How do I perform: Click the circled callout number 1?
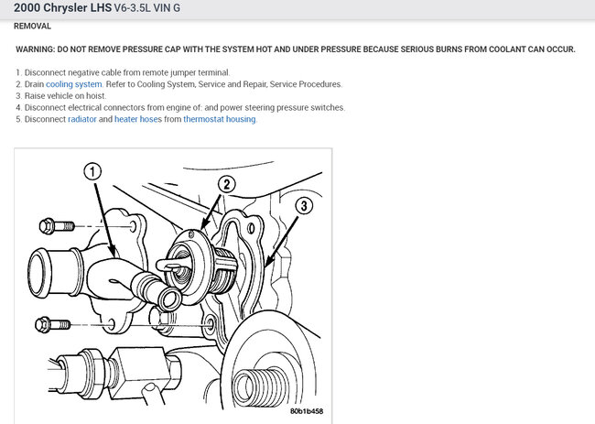(92, 171)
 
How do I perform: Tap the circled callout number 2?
(226, 184)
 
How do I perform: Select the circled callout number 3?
(304, 206)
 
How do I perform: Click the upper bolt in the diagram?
(57, 226)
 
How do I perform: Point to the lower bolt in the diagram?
(52, 325)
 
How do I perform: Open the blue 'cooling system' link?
(74, 84)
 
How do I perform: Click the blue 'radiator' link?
(82, 119)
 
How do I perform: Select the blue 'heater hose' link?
(135, 119)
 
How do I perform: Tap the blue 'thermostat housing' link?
(220, 119)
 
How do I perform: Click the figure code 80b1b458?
(307, 411)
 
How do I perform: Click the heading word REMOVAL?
(32, 27)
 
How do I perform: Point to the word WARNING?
(35, 49)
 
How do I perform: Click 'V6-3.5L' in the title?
(133, 7)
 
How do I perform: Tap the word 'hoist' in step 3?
(95, 96)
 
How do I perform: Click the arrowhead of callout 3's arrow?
(268, 261)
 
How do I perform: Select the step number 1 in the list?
(18, 72)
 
